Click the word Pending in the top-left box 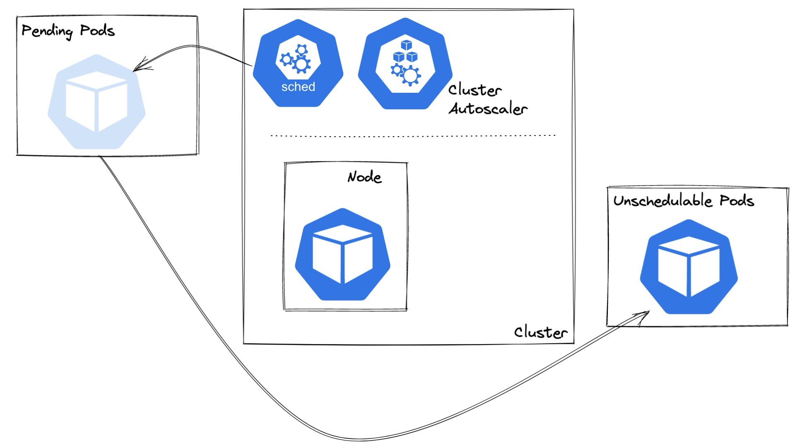coord(47,31)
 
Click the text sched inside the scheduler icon coord(298,87)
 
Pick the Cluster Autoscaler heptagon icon coord(405,64)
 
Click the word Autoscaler coord(488,109)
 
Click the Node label coord(364,177)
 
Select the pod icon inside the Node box coord(342,254)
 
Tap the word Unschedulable coord(663,201)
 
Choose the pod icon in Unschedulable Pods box coord(689,267)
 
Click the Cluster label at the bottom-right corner coord(540,332)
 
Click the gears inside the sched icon coord(297,60)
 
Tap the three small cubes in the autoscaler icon coord(405,51)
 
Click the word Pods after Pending coord(97,30)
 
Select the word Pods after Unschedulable coord(737,201)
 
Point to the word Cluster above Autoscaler coord(475,90)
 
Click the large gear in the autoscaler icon coord(410,76)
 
